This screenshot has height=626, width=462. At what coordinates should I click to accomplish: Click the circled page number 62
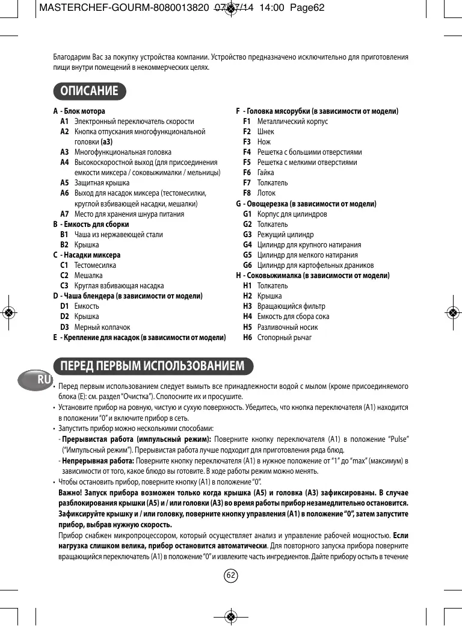pyautogui.click(x=231, y=576)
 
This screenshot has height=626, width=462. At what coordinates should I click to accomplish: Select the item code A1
pyautogui.click(x=64, y=121)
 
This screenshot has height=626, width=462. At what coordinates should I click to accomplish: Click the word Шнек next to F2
pyautogui.click(x=265, y=131)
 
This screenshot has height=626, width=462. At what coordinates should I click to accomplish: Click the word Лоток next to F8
pyautogui.click(x=266, y=193)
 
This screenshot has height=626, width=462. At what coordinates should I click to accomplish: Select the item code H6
pyautogui.click(x=247, y=337)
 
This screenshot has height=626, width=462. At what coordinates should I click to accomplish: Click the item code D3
pyautogui.click(x=64, y=327)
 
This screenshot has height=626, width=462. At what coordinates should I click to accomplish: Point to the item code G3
pyautogui.click(x=247, y=234)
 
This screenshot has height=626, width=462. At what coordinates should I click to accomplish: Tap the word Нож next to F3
pyautogui.click(x=263, y=142)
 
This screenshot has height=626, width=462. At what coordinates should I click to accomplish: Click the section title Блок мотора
pyautogui.click(x=84, y=111)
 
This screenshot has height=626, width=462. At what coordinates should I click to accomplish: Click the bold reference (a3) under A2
pyautogui.click(x=106, y=141)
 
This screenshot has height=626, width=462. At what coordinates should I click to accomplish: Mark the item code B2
pyautogui.click(x=64, y=244)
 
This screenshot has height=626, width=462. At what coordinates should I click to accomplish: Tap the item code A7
pyautogui.click(x=64, y=214)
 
